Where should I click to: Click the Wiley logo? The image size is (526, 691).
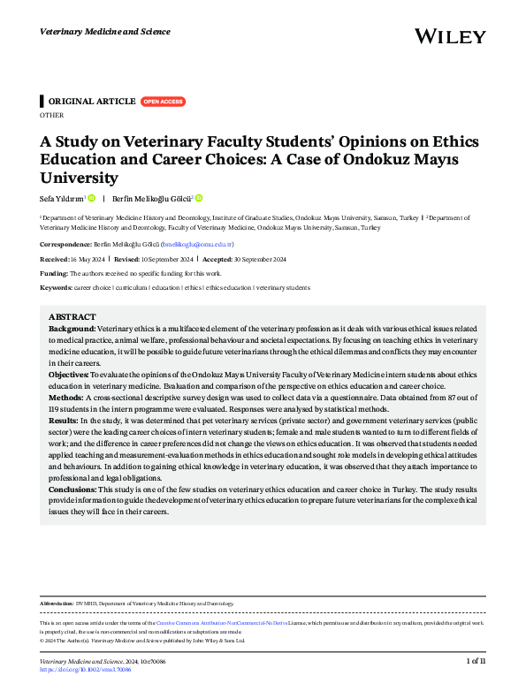tap(450, 36)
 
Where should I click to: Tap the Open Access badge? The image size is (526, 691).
tap(163, 102)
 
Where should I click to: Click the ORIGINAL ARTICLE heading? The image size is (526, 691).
tap(91, 102)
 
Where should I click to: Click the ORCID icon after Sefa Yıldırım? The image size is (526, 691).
tap(91, 198)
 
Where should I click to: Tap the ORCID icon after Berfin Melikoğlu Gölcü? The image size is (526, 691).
tap(199, 198)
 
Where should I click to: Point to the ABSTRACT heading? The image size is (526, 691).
tap(72, 315)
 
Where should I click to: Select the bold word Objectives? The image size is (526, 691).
tap(70, 375)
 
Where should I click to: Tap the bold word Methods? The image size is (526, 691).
tap(66, 398)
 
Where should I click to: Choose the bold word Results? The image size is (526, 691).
tap(65, 421)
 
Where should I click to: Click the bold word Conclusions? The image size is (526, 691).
tap(73, 490)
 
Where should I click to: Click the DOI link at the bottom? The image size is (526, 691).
tap(86, 670)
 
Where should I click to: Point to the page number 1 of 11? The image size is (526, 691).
tap(476, 661)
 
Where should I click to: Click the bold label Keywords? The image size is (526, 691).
tap(57, 287)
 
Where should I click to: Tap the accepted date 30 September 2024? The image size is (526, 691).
tap(257, 258)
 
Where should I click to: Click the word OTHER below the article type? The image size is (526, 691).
tap(52, 115)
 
